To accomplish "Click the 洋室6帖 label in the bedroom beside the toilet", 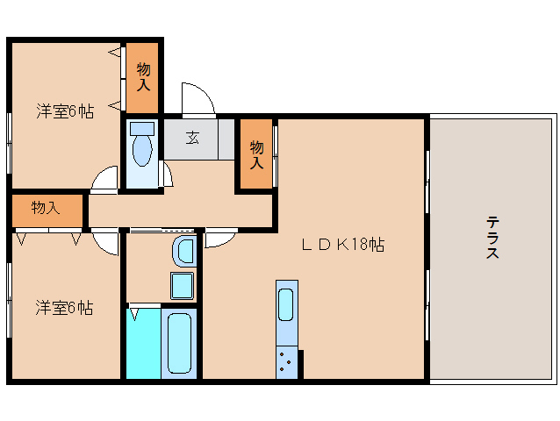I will click(64, 111).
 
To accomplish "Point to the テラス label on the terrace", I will click(492, 237).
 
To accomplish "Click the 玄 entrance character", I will click(191, 138).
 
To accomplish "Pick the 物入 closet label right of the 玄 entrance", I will click(255, 154).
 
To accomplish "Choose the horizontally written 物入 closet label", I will click(45, 208).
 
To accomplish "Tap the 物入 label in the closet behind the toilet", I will click(142, 77).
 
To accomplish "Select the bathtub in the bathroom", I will click(180, 344).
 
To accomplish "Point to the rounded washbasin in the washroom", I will click(184, 251).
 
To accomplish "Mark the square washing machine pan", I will click(183, 285).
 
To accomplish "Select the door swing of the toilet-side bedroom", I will click(104, 179).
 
